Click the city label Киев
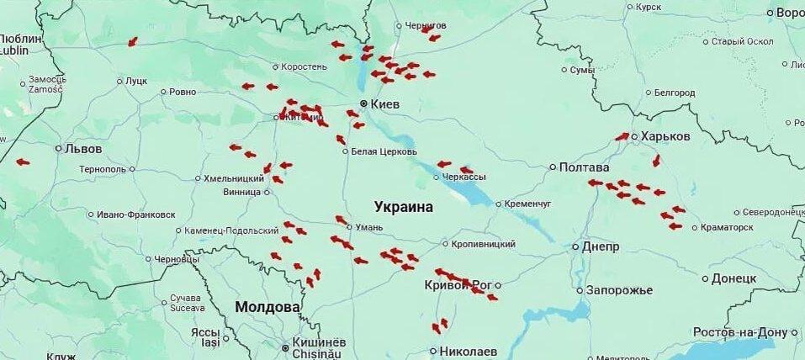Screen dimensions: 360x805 coord(384,103)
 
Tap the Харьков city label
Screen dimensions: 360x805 coord(665,136)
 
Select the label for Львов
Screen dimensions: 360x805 coord(83,149)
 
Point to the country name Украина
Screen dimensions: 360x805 coord(404,207)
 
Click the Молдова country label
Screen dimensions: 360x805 coord(267,307)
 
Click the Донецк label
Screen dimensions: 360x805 coord(734,278)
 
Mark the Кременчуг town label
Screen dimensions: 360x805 coord(527,204)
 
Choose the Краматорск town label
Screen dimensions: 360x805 coord(728,227)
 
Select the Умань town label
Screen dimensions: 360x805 coord(370,227)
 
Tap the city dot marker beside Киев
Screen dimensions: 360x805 coord(363,103)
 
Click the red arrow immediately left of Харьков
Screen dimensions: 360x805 coord(622,136)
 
